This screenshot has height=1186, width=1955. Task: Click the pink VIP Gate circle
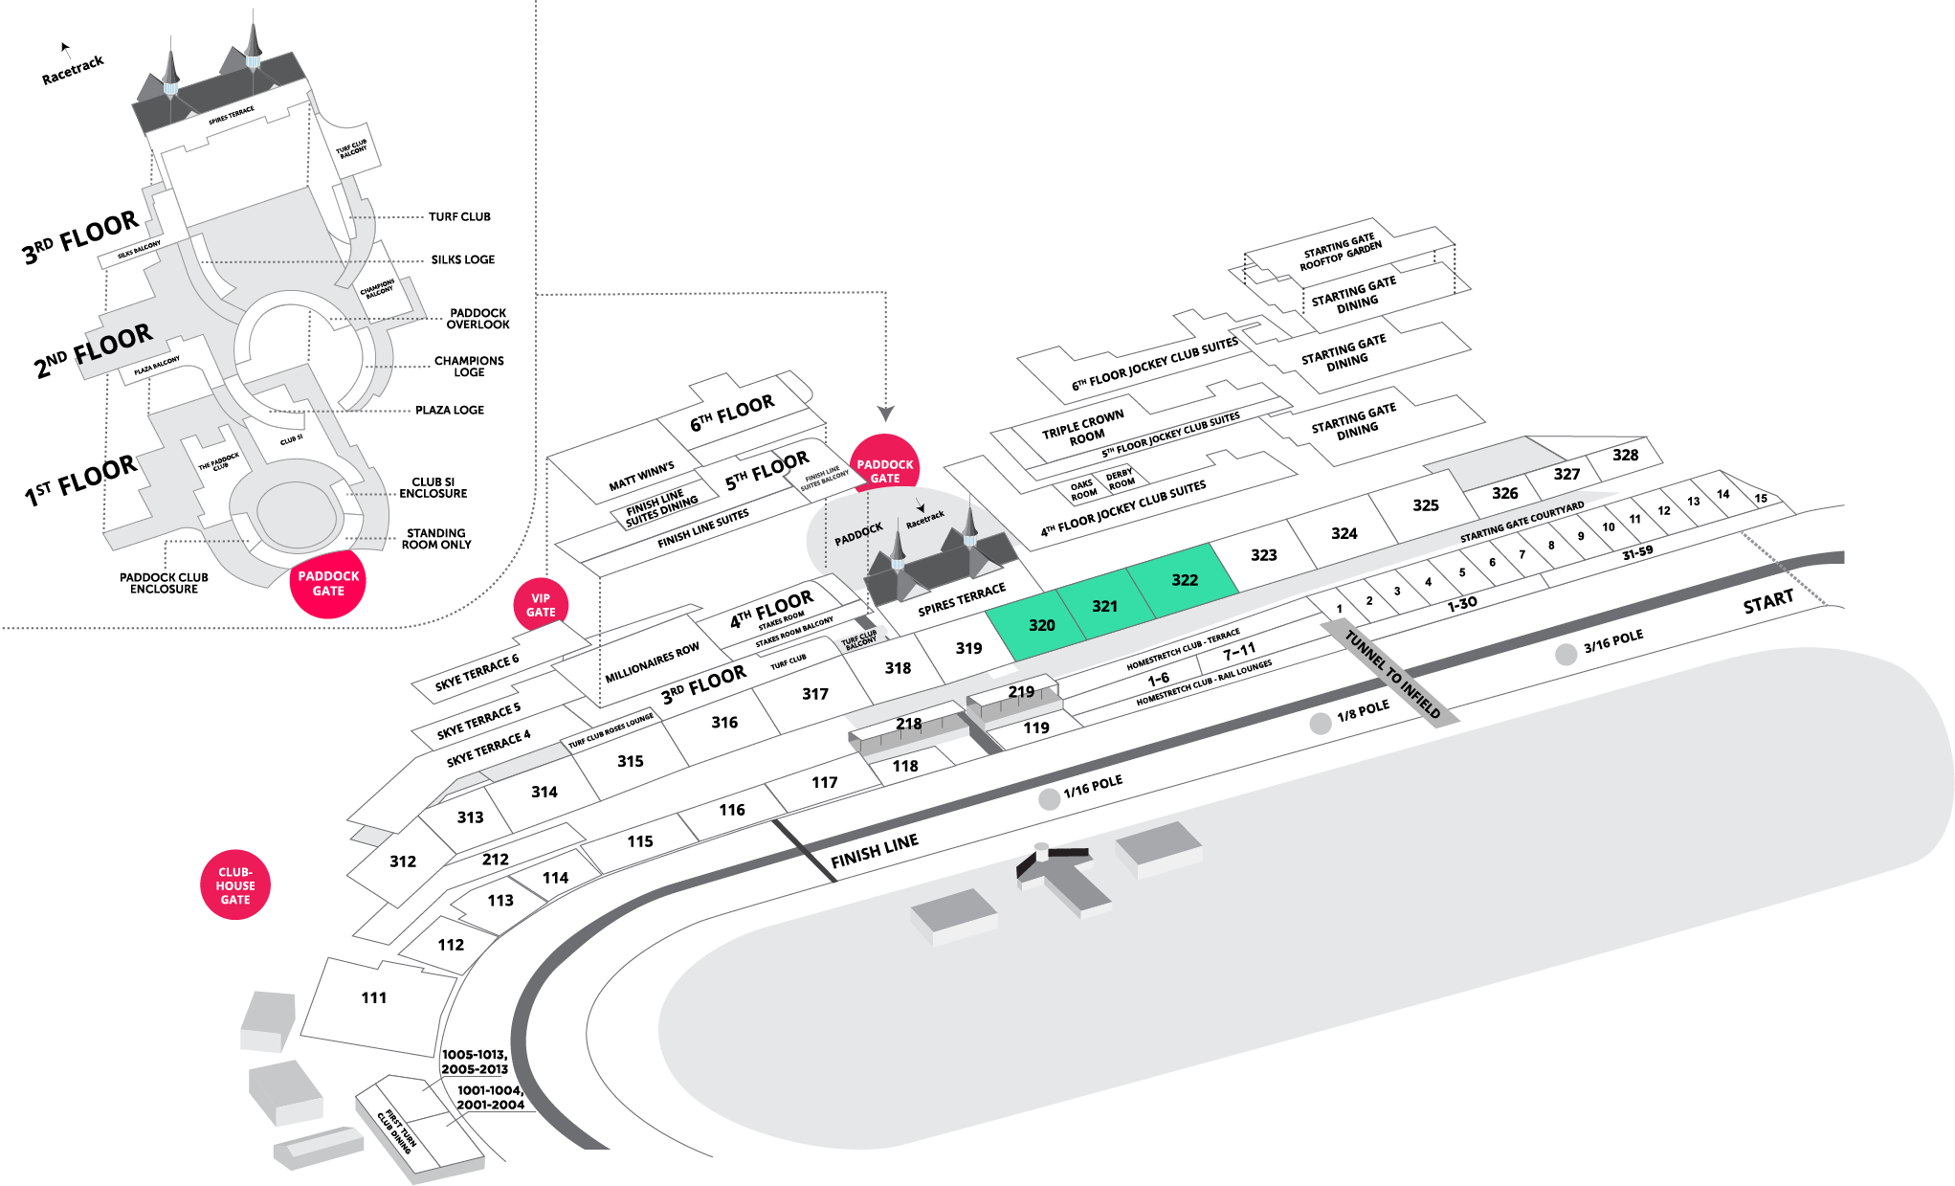541,605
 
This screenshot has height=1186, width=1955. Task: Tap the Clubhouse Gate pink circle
235,885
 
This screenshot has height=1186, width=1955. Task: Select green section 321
1104,606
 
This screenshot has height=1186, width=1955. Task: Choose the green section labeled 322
1185,580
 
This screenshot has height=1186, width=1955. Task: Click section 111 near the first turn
374,998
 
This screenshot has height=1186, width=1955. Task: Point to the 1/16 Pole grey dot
1050,799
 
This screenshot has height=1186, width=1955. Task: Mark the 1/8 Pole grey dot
1321,724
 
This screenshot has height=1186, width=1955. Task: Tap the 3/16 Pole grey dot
1566,655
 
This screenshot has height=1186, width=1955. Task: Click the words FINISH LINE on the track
875,850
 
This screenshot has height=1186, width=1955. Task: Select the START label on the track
1767,602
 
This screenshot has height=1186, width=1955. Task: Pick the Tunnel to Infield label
1392,673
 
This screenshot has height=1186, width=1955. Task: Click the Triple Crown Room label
1083,429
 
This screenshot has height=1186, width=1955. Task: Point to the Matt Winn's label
641,476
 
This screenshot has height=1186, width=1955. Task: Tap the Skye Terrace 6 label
477,672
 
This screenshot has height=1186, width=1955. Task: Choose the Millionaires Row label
652,663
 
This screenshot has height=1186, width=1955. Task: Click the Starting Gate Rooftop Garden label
1340,252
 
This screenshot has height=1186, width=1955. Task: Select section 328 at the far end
1625,455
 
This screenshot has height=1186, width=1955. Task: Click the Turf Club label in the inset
459,217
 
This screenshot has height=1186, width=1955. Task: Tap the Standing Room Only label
435,539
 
